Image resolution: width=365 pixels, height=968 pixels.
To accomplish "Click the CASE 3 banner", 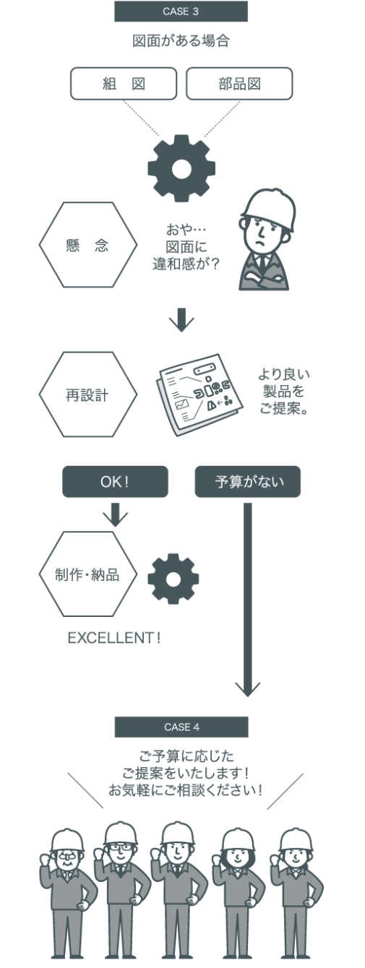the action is tap(181, 12).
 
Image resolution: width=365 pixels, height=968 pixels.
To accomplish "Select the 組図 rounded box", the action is tap(124, 83).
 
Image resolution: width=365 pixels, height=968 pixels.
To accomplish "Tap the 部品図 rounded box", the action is tap(239, 83).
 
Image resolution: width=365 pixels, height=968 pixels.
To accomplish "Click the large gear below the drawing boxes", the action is tap(181, 168).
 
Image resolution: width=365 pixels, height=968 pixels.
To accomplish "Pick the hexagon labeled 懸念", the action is tap(87, 245).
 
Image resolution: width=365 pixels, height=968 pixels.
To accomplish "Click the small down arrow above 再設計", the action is tap(181, 319).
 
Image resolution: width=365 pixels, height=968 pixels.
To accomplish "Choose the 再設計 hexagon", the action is tap(87, 394).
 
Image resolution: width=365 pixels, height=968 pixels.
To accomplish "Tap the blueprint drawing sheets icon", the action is tap(199, 395).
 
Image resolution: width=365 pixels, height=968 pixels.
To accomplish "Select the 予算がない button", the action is tap(247, 481).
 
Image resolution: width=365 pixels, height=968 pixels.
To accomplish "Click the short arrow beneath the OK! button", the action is tap(115, 514).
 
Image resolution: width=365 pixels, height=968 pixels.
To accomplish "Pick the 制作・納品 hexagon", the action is tap(87, 574).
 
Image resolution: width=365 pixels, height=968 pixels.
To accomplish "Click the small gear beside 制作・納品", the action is tap(173, 579).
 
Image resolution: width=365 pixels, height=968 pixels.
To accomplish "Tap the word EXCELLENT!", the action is tap(114, 638).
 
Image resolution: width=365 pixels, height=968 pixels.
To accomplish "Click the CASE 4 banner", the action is tap(181, 727).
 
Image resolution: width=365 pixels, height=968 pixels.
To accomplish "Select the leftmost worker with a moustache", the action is tap(68, 892).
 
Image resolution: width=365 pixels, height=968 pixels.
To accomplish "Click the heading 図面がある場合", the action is tap(181, 41).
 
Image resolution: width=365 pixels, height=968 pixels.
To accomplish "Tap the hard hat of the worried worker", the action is tap(269, 209).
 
